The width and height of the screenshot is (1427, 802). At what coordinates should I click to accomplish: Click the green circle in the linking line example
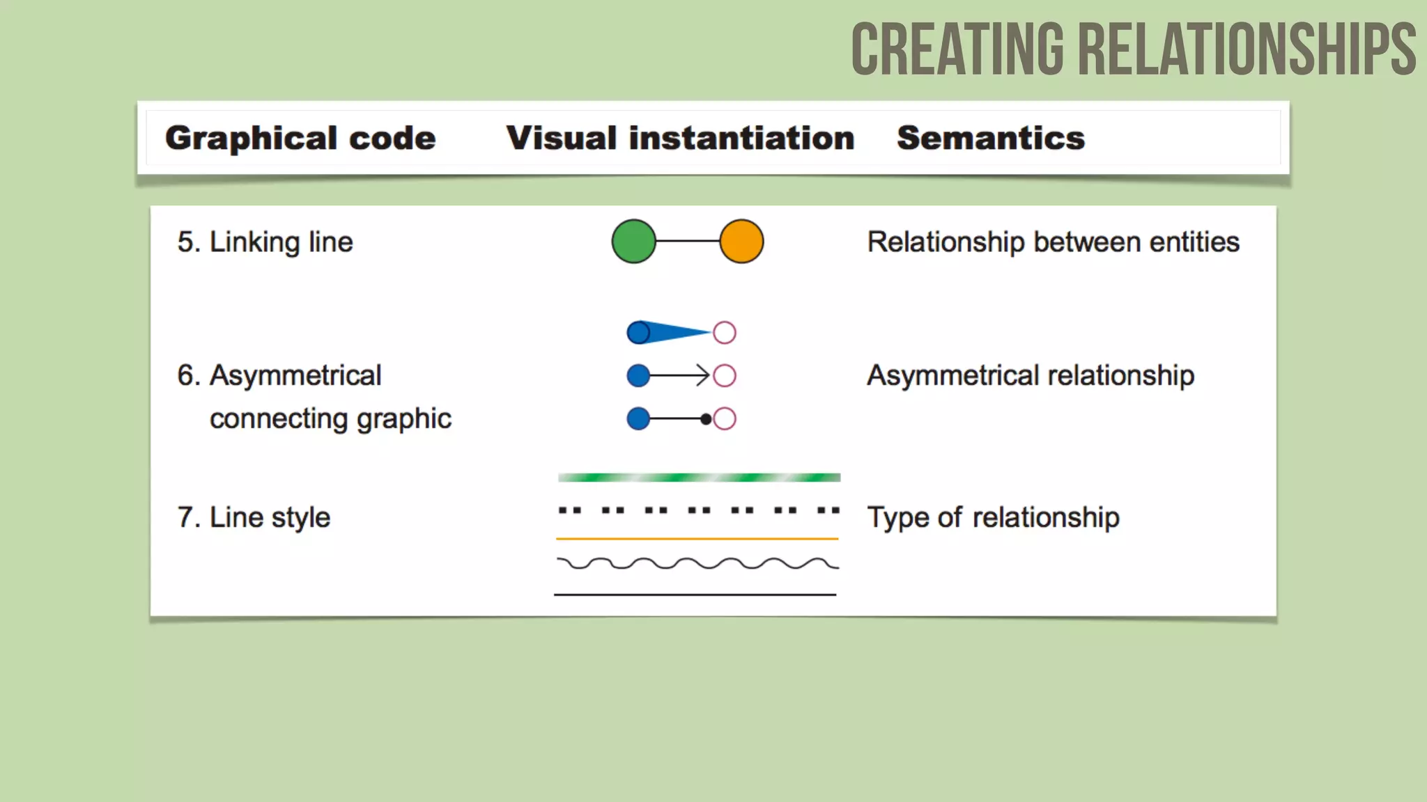pyautogui.click(x=633, y=242)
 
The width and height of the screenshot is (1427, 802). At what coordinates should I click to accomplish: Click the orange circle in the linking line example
pyautogui.click(x=741, y=242)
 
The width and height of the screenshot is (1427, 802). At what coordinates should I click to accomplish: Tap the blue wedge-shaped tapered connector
pyautogui.click(x=672, y=332)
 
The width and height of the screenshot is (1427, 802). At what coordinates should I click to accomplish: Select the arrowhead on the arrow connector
pyautogui.click(x=703, y=376)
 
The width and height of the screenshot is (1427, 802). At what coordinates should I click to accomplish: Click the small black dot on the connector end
pyautogui.click(x=706, y=419)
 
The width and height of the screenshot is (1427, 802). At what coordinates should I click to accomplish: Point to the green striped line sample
pyautogui.click(x=699, y=478)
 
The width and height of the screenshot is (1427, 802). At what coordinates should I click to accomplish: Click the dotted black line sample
pyautogui.click(x=699, y=510)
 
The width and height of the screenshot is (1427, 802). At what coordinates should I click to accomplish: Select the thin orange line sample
pyautogui.click(x=697, y=538)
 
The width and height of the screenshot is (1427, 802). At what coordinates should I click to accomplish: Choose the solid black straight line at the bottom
pyautogui.click(x=695, y=595)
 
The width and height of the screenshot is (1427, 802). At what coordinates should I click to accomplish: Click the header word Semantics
pyautogui.click(x=990, y=138)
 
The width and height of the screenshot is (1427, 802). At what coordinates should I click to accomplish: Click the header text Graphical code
pyautogui.click(x=300, y=138)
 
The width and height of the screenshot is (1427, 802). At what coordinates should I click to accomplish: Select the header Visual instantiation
pyautogui.click(x=680, y=138)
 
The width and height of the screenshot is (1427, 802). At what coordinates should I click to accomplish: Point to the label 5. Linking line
pyautogui.click(x=265, y=242)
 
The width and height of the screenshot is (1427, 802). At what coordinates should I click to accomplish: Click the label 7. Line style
pyautogui.click(x=254, y=517)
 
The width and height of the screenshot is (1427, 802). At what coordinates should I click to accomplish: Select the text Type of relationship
pyautogui.click(x=993, y=517)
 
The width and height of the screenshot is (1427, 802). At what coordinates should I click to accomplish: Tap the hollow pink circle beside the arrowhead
pyautogui.click(x=725, y=376)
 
